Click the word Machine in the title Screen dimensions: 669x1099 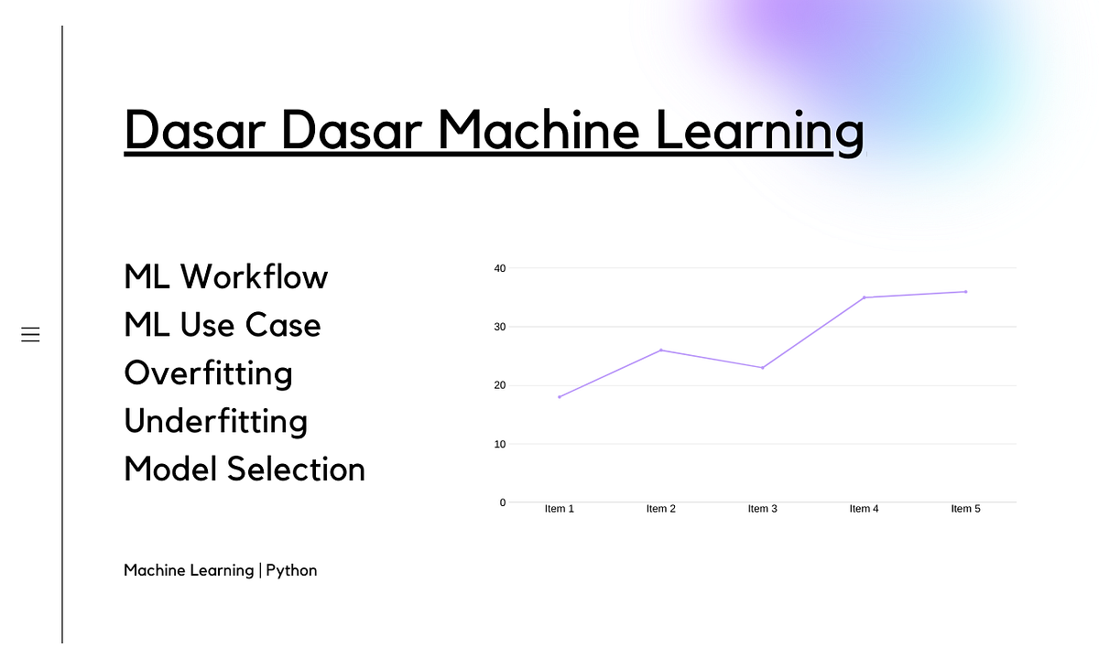coord(538,130)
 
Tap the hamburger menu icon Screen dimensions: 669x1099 coord(30,335)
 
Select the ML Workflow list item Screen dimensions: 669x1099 coord(225,276)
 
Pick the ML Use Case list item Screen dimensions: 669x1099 coord(222,325)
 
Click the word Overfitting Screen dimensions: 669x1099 coord(208,372)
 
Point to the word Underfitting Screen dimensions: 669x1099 coord(215,421)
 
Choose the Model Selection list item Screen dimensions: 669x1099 coord(244,469)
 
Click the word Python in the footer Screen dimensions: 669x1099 coord(291,570)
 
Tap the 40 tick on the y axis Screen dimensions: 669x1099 coord(499,268)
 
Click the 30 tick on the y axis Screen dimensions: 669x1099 coord(499,327)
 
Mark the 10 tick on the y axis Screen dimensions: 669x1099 coord(499,444)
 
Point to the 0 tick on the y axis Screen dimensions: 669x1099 coord(502,502)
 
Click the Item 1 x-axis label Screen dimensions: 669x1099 coord(559,509)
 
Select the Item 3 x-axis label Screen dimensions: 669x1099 coord(762,509)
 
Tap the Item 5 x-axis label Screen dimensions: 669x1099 coord(965,509)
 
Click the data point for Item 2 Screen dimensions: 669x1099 coord(660,350)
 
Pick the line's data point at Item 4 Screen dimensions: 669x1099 coord(864,297)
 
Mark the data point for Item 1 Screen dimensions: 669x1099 coord(559,397)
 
